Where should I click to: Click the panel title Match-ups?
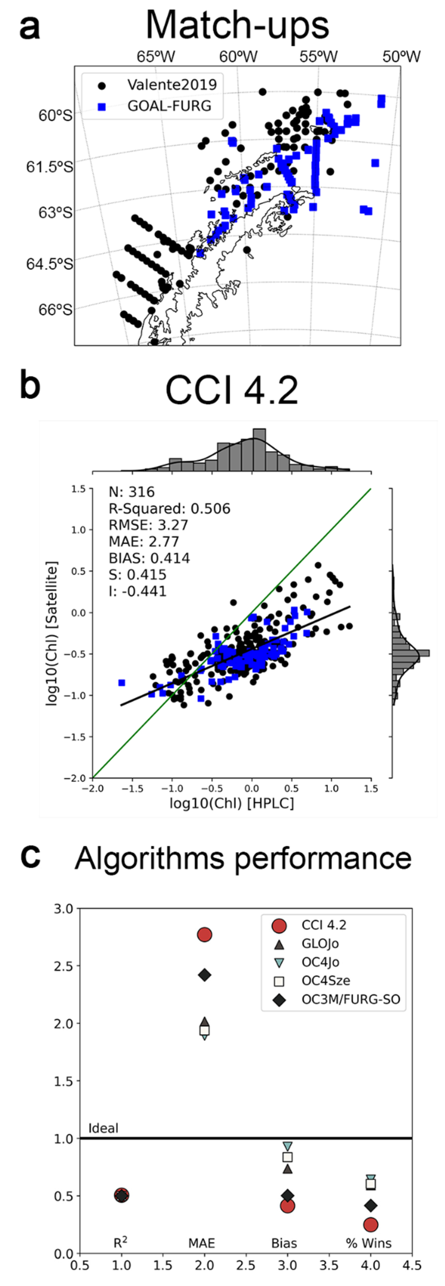click(237, 25)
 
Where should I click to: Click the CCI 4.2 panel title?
click(231, 391)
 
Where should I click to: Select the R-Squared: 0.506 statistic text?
click(169, 509)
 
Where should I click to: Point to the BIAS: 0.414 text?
click(149, 558)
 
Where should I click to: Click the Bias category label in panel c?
click(284, 1243)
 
